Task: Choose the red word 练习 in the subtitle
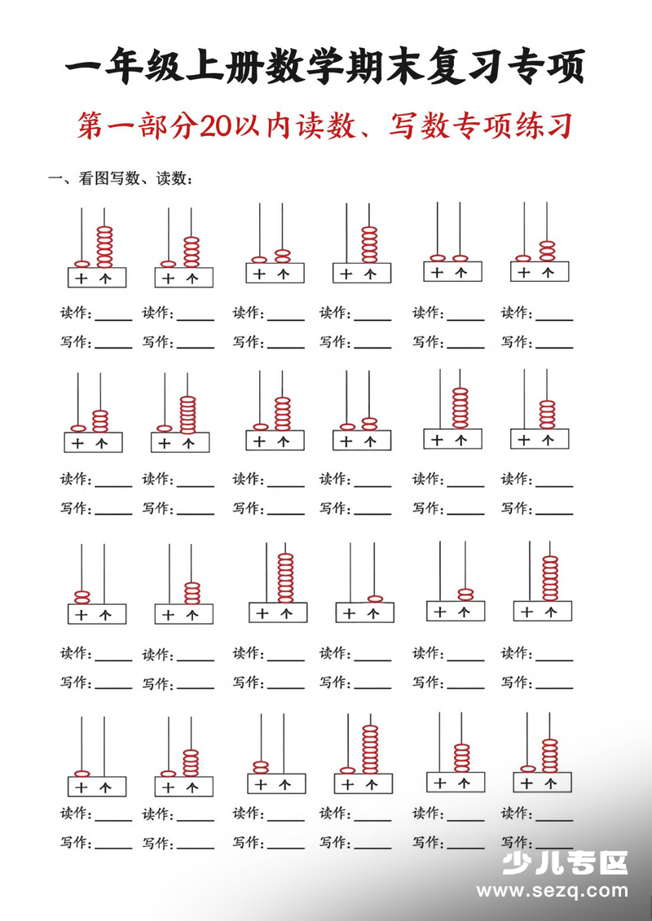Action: pos(544,126)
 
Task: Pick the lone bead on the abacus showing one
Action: pos(375,599)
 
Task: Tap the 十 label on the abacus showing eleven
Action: pos(438,272)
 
